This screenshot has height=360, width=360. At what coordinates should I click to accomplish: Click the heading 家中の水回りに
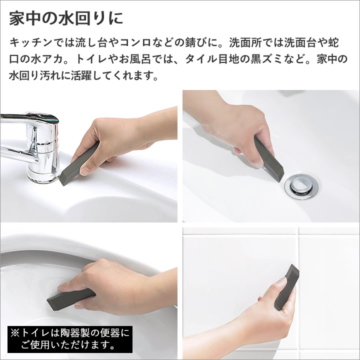66,18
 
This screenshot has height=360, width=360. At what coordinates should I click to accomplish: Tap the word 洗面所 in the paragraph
245,42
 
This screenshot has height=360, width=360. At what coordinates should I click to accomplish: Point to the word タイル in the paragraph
201,59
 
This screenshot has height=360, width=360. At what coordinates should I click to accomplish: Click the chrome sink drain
301,186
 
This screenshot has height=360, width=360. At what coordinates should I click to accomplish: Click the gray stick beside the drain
268,158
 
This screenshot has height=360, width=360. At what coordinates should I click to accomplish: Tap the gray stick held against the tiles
287,287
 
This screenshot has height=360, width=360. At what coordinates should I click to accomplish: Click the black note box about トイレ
70,339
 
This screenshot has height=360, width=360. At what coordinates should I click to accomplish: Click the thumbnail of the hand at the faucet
88,156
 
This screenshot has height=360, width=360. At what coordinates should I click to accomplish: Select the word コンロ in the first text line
136,42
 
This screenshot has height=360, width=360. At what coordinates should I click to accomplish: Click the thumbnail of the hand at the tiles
271,293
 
